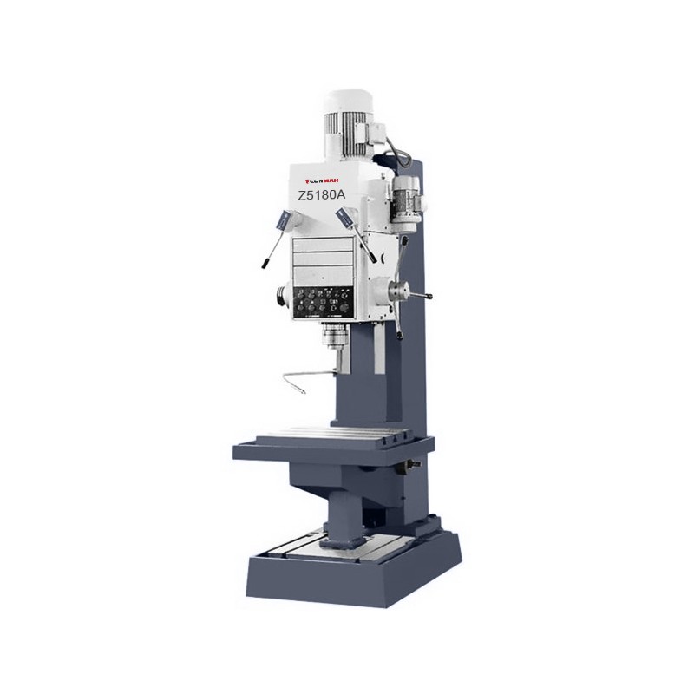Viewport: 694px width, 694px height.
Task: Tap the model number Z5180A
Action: pyautogui.click(x=321, y=196)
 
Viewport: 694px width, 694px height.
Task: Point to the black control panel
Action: pyautogui.click(x=324, y=303)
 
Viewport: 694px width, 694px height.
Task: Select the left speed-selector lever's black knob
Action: pyautogui.click(x=260, y=262)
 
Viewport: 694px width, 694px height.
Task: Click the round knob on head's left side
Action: pyautogui.click(x=281, y=295)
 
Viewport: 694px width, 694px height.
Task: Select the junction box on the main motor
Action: pyautogui.click(x=380, y=131)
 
